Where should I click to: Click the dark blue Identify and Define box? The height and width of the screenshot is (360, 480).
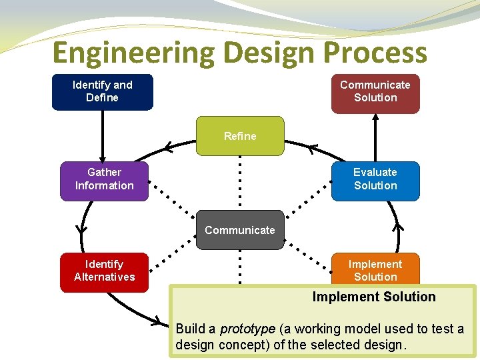[x=103, y=91]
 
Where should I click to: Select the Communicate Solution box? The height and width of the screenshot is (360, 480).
[x=375, y=91]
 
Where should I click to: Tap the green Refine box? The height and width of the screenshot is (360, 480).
[x=240, y=136]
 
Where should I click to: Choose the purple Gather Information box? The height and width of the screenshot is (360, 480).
[x=105, y=179]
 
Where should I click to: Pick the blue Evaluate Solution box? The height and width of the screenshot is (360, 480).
[x=375, y=179]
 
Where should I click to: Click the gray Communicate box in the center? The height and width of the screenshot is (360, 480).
[x=240, y=230]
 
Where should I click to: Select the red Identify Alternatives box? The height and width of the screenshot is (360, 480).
[x=105, y=271]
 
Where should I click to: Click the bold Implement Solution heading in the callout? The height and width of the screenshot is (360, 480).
[x=374, y=297]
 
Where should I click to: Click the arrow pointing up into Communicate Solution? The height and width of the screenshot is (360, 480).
[x=375, y=137]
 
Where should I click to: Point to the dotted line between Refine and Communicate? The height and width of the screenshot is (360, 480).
[x=240, y=183]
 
